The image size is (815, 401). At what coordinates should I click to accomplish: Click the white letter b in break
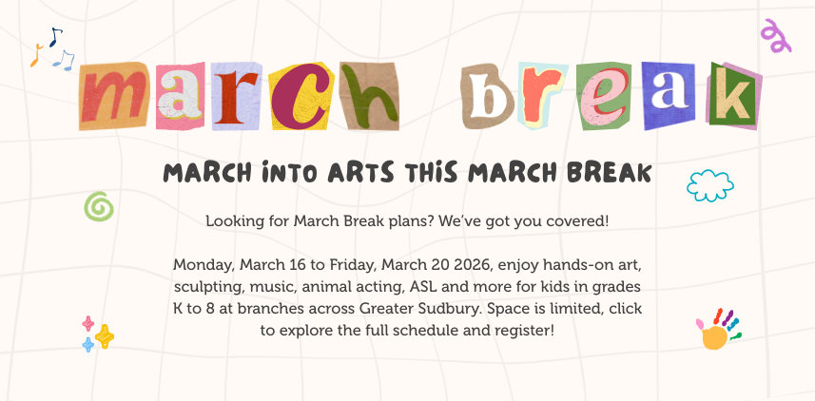(x=488, y=95)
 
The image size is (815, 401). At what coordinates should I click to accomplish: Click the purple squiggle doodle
(x=776, y=35)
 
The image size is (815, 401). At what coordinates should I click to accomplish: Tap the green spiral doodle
(x=99, y=205)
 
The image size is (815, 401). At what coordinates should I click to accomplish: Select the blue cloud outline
(x=709, y=185)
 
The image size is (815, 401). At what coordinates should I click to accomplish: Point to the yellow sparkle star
(x=105, y=336)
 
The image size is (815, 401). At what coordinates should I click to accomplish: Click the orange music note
(x=36, y=56)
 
